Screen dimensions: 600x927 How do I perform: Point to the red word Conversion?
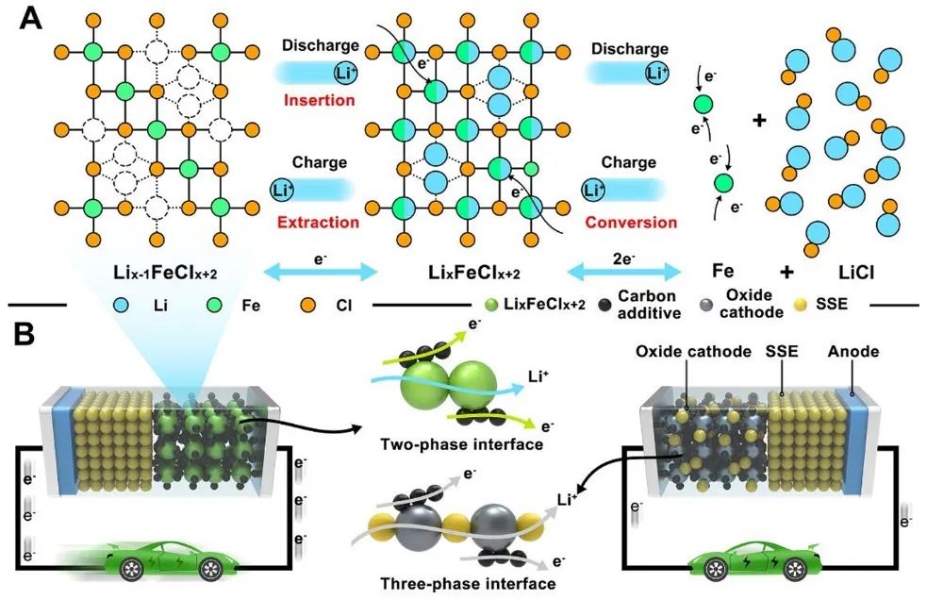(631, 223)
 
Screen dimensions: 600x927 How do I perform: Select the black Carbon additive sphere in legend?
(599, 307)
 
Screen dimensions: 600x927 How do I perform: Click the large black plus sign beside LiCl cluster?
(759, 121)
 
